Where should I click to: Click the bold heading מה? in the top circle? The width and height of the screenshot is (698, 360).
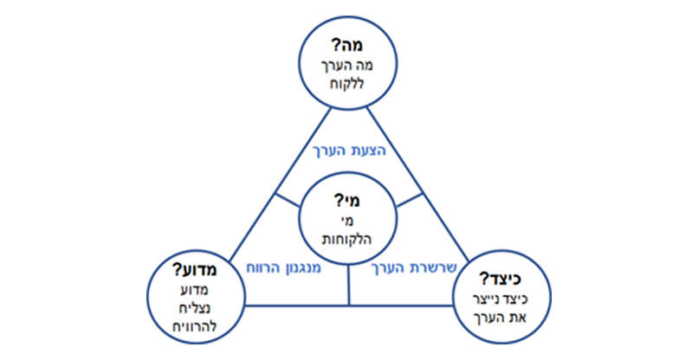[x=349, y=42]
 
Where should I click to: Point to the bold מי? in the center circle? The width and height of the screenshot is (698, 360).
[x=348, y=202]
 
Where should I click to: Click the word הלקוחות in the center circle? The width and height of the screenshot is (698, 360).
[x=347, y=240]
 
